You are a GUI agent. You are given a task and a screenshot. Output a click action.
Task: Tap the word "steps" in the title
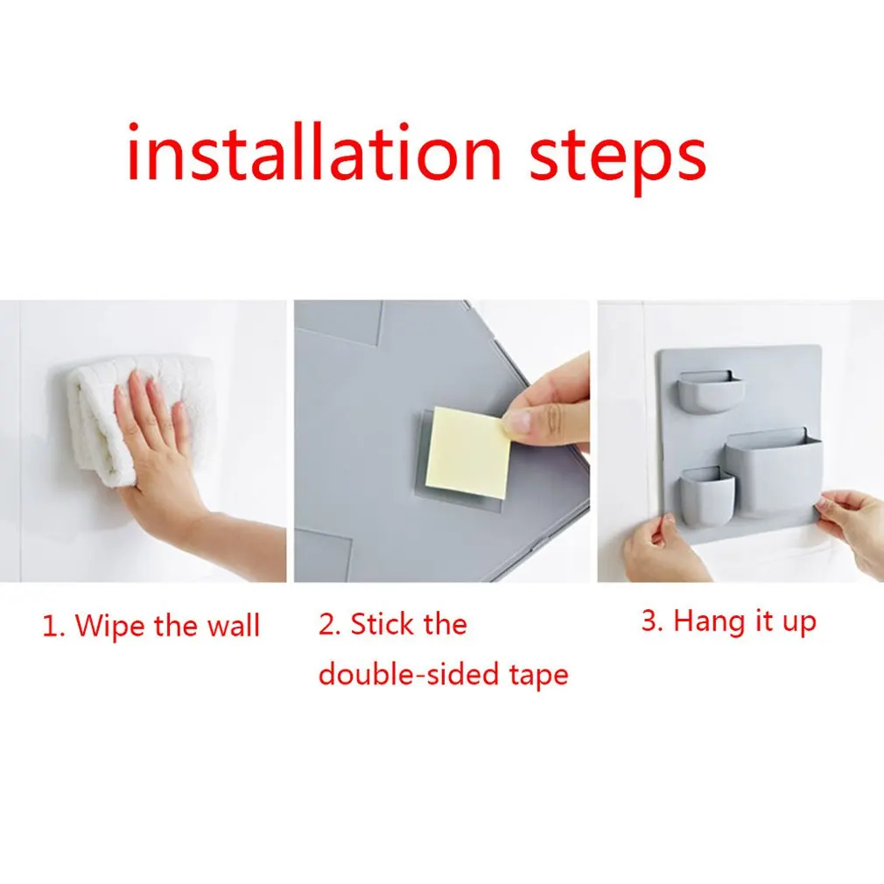pyautogui.click(x=617, y=158)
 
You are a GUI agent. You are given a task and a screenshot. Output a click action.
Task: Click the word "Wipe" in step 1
pyautogui.click(x=109, y=626)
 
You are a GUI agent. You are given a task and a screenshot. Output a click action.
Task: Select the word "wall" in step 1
pyautogui.click(x=233, y=625)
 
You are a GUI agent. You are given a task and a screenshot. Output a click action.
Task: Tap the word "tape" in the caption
pyautogui.click(x=539, y=676)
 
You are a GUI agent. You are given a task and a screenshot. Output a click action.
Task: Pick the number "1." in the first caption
pyautogui.click(x=54, y=626)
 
